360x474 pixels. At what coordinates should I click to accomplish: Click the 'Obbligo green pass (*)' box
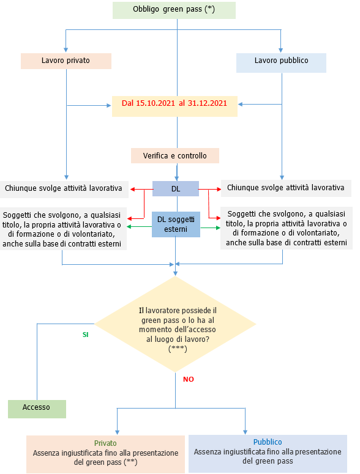tap(174, 10)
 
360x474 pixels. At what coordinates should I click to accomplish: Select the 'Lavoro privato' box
tap(66, 61)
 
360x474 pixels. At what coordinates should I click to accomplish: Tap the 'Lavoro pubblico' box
tap(281, 61)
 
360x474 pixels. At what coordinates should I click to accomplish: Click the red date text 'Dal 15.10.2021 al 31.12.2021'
tap(174, 103)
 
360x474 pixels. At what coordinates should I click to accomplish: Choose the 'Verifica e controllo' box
tap(174, 156)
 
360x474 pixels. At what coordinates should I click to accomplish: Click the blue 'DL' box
tap(176, 189)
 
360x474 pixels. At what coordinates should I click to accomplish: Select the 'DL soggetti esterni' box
tap(176, 224)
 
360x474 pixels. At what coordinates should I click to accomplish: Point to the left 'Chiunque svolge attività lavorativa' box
tap(64, 188)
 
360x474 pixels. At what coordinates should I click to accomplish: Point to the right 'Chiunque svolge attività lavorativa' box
tap(285, 188)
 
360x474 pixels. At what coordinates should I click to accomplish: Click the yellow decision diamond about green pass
tap(176, 324)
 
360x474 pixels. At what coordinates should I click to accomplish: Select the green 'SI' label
tap(86, 335)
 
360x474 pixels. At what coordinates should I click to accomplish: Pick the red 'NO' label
tap(189, 379)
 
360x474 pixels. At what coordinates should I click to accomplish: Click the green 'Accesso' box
tap(37, 407)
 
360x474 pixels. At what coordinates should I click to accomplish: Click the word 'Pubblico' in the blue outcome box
tap(268, 442)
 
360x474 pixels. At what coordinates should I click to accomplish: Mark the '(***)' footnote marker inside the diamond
tap(177, 348)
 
